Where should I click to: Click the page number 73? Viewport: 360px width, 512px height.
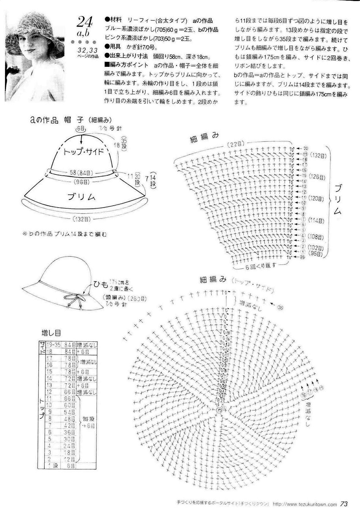[x=344, y=504]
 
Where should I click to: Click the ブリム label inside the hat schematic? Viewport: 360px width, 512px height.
[x=82, y=197]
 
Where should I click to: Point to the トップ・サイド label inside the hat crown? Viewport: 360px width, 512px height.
[x=84, y=152]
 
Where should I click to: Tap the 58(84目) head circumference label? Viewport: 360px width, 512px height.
[x=82, y=173]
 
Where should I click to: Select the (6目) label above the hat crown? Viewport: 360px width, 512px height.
[x=81, y=128]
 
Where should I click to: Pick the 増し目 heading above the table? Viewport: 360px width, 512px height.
[x=51, y=333]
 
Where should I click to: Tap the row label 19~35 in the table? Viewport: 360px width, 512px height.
[x=54, y=345]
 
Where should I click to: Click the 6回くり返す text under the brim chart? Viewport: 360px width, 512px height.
[x=261, y=265]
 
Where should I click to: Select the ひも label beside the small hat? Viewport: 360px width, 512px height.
[x=101, y=284]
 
